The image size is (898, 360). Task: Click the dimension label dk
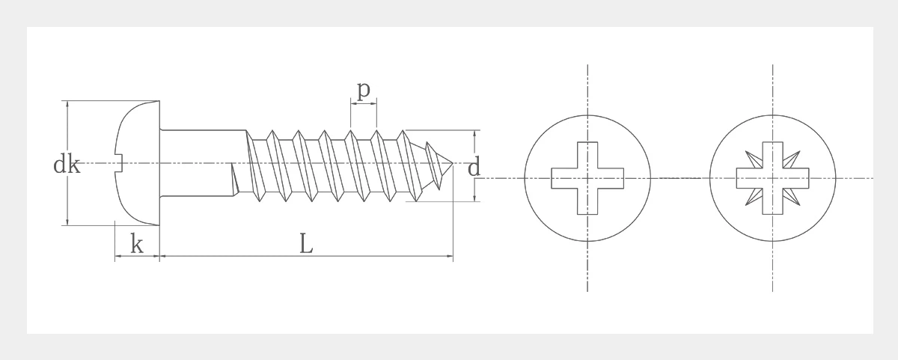coord(66,165)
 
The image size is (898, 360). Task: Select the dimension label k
coord(137,244)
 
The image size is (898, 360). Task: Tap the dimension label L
coord(305,244)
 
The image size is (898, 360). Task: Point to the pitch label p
coord(363,90)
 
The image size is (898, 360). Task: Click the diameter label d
coord(473,168)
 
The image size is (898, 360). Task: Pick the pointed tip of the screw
coord(451,163)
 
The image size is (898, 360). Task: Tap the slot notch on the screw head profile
coord(119,162)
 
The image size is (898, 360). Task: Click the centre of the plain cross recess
coord(587,178)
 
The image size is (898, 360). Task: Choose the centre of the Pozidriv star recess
coord(772,178)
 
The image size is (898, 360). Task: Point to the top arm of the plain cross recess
coord(587,153)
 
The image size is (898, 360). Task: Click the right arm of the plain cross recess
coord(612,178)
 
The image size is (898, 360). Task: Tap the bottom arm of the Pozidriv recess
coord(772,203)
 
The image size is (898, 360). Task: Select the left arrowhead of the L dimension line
coord(164,257)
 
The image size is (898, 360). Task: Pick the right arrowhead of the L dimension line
coord(450,257)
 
